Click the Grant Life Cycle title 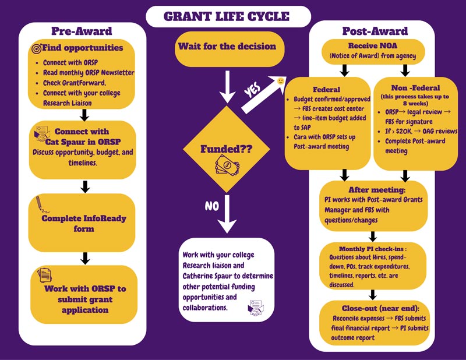tap(227, 16)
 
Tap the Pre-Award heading tap(87, 31)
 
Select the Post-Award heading tap(374, 30)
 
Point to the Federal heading tap(327, 90)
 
